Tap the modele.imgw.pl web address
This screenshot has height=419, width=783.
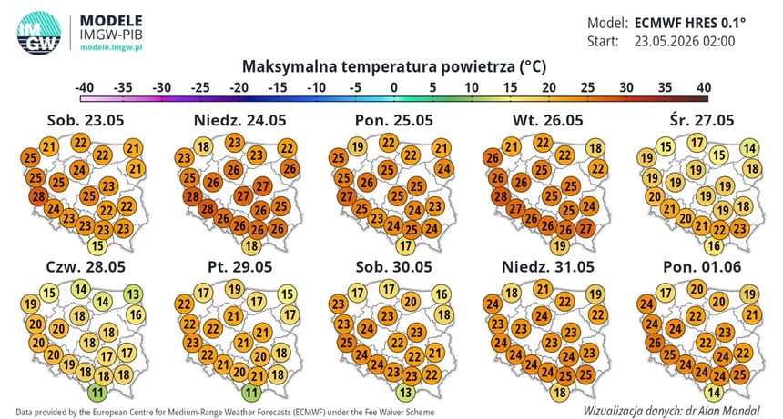click(111, 47)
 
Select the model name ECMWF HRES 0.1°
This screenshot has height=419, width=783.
click(689, 23)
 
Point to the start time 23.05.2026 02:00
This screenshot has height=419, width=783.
click(685, 41)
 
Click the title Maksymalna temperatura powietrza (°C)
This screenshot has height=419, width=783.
click(394, 66)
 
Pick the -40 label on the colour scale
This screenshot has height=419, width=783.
click(85, 87)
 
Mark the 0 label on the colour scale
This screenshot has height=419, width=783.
click(394, 87)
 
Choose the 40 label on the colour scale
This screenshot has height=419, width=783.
click(704, 87)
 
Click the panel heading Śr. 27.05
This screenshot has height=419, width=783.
click(702, 120)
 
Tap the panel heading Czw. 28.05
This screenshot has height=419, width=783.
click(86, 266)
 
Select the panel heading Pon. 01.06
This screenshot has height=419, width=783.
click(702, 266)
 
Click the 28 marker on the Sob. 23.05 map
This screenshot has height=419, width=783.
click(39, 196)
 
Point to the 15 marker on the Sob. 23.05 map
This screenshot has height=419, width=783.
click(97, 245)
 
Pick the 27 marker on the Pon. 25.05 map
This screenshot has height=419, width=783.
click(347, 196)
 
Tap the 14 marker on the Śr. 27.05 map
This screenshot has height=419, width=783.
click(749, 148)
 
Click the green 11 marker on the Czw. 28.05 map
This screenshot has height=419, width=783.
click(97, 393)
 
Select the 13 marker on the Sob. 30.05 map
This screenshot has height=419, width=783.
click(405, 393)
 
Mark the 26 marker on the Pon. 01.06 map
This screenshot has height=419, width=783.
click(655, 343)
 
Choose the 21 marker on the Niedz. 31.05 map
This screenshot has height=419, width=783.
click(543, 289)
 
